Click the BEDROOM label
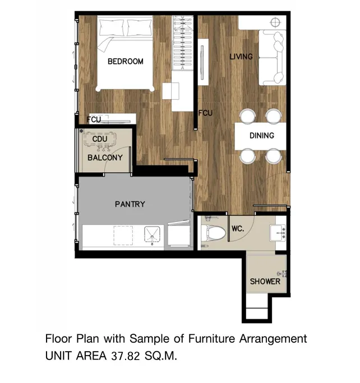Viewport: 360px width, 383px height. (x=125, y=61)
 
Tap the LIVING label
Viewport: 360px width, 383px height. (x=241, y=57)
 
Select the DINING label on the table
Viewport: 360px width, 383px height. (x=261, y=136)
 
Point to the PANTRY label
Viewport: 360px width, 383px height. (x=130, y=204)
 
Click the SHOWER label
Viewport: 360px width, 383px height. (x=265, y=282)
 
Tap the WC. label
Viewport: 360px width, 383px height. (x=238, y=229)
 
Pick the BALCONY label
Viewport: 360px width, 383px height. (x=105, y=158)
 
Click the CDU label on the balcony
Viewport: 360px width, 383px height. (x=100, y=139)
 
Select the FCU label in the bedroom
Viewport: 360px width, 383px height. (x=94, y=119)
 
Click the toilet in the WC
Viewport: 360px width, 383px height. (x=213, y=232)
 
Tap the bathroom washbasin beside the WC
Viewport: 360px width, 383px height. (x=278, y=233)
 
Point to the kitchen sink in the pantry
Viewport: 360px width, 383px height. (x=152, y=236)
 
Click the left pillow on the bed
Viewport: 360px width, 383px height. (x=112, y=27)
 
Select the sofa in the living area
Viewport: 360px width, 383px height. (x=272, y=58)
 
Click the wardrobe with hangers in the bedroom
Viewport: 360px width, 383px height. (x=182, y=43)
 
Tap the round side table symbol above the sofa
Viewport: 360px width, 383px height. (x=275, y=22)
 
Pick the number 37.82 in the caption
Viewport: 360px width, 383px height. (x=125, y=356)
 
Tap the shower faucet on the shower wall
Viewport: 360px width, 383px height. (x=282, y=274)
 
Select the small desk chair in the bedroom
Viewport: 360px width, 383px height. (x=170, y=91)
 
